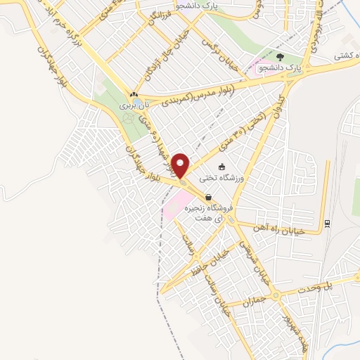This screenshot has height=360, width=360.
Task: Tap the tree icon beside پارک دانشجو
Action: [x=280, y=58]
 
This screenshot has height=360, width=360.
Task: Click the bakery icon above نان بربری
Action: [x=133, y=94]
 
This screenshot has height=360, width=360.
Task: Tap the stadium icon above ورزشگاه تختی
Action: [x=222, y=167]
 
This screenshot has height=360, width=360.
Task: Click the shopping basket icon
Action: [x=207, y=198]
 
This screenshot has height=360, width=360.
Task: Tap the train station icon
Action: [x=328, y=224]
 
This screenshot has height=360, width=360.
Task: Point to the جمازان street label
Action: [x=251, y=302]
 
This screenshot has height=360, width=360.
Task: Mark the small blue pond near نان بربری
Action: [x=128, y=118]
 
